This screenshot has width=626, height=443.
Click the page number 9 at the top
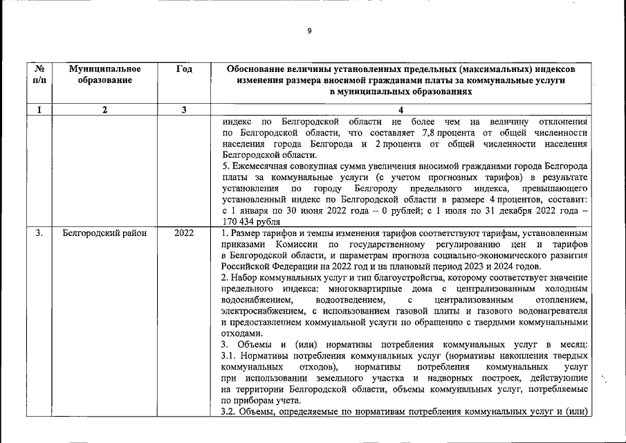coord(309,30)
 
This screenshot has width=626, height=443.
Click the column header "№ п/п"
coord(40,75)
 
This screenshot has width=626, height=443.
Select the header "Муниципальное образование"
coord(105,75)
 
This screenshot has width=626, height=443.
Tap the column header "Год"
coord(184,69)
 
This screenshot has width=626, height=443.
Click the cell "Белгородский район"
coord(104,233)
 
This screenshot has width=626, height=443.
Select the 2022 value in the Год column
coord(184,233)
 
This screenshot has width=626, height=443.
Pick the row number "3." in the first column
coord(40,233)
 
